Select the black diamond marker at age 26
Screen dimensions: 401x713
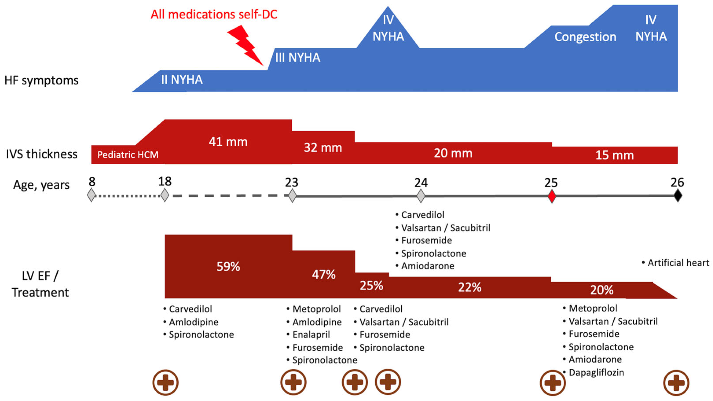pyautogui.click(x=678, y=196)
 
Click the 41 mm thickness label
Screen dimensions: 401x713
pyautogui.click(x=228, y=142)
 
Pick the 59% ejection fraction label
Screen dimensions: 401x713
pyautogui.click(x=228, y=267)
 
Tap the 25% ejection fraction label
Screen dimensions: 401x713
pyautogui.click(x=371, y=285)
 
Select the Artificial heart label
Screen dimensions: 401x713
pyautogui.click(x=678, y=263)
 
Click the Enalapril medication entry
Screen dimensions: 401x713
pyautogui.click(x=311, y=335)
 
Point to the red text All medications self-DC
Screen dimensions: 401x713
pyautogui.click(x=214, y=14)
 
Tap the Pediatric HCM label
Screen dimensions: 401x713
pyautogui.click(x=128, y=155)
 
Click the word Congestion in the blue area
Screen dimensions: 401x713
pyautogui.click(x=585, y=37)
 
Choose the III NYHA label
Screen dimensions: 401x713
pyautogui.click(x=298, y=58)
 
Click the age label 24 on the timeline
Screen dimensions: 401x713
pyautogui.click(x=421, y=183)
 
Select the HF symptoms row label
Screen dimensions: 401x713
pyautogui.click(x=42, y=81)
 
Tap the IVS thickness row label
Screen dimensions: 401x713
pyautogui.click(x=42, y=154)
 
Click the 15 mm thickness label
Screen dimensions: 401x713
pyautogui.click(x=614, y=155)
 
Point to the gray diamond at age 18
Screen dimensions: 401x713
pyautogui.click(x=165, y=195)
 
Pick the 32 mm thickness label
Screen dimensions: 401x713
pyautogui.click(x=323, y=148)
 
